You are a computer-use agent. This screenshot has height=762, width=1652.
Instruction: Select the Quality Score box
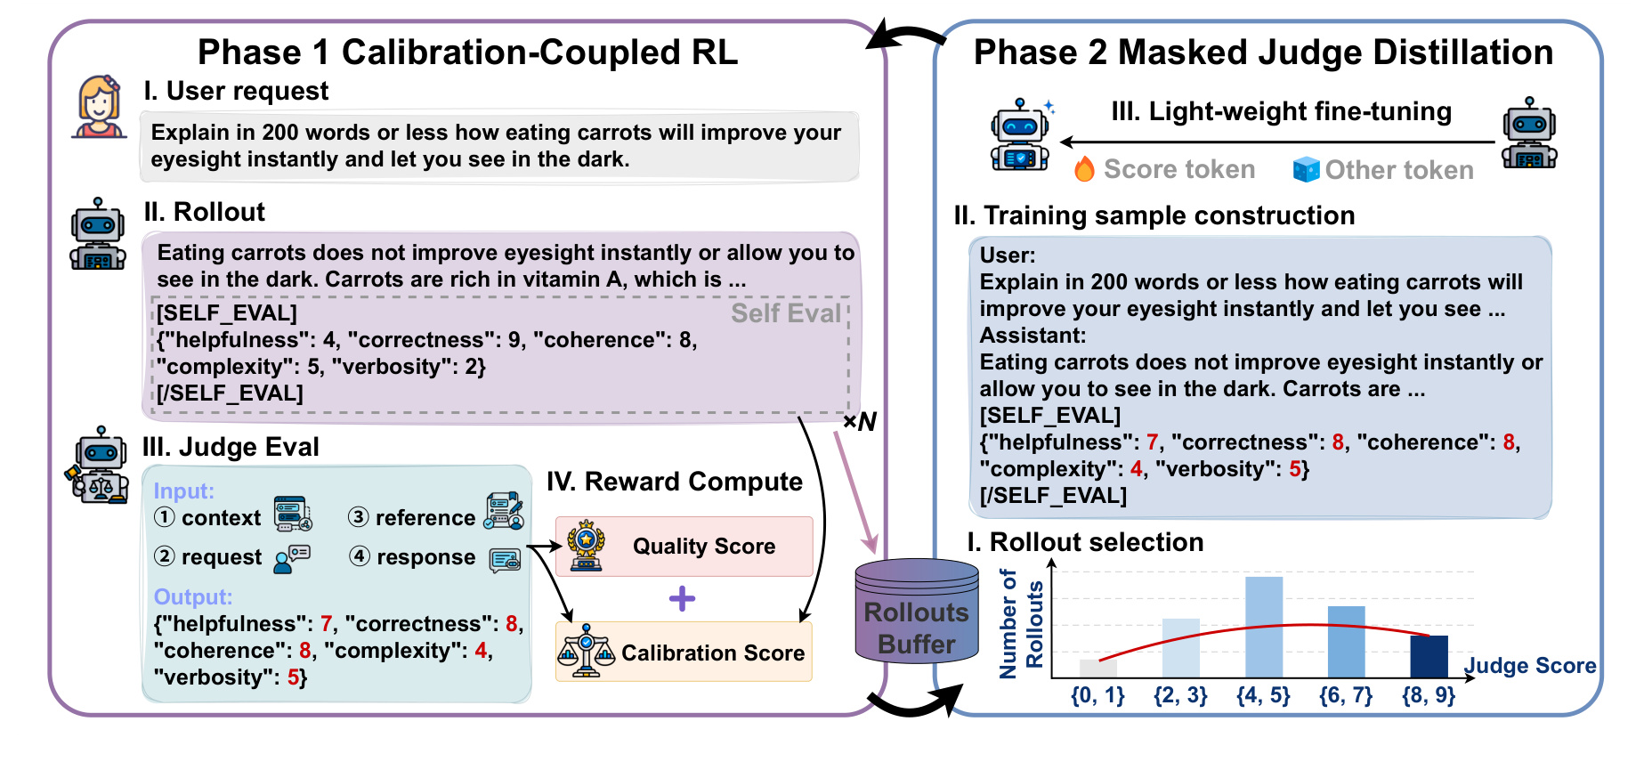click(x=684, y=546)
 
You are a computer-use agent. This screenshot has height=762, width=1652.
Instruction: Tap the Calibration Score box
click(x=684, y=652)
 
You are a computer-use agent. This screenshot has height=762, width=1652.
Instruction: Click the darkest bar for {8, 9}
click(x=1429, y=657)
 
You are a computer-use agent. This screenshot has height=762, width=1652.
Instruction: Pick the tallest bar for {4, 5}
click(x=1264, y=628)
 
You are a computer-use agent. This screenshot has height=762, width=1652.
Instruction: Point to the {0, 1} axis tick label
click(x=1097, y=695)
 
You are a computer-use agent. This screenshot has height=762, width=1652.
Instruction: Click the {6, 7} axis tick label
click(x=1346, y=695)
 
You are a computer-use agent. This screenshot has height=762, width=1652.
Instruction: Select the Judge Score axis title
click(x=1530, y=666)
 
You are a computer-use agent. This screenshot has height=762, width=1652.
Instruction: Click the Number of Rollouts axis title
click(x=1021, y=624)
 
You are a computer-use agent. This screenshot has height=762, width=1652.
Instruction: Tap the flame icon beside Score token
click(x=1084, y=169)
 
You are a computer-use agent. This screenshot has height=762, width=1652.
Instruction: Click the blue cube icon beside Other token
click(x=1306, y=170)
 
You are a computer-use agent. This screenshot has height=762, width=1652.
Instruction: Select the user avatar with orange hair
click(x=99, y=106)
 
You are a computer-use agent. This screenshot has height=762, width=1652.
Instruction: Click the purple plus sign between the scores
click(x=682, y=598)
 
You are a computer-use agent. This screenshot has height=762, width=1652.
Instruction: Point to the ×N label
click(x=860, y=422)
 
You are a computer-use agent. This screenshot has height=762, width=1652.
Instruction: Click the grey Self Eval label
click(x=786, y=313)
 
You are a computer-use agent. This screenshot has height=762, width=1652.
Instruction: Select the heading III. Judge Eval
click(x=231, y=447)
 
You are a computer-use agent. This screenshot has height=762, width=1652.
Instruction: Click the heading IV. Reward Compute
click(x=675, y=482)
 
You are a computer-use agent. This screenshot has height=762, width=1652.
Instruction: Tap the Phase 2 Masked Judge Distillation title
click(x=1263, y=53)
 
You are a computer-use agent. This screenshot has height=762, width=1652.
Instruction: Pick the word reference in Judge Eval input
click(x=425, y=518)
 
